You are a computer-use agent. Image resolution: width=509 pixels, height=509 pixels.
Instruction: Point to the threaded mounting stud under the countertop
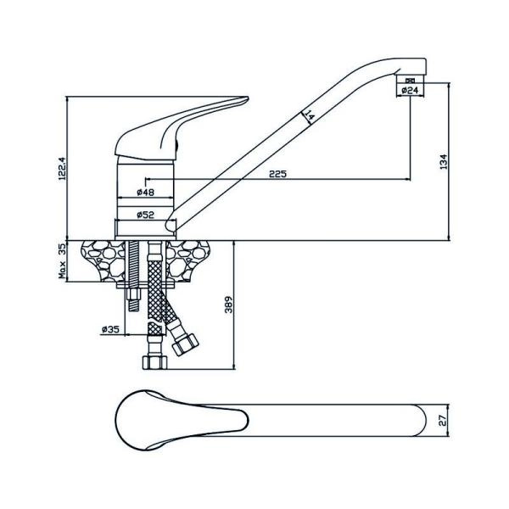click(x=134, y=280)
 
